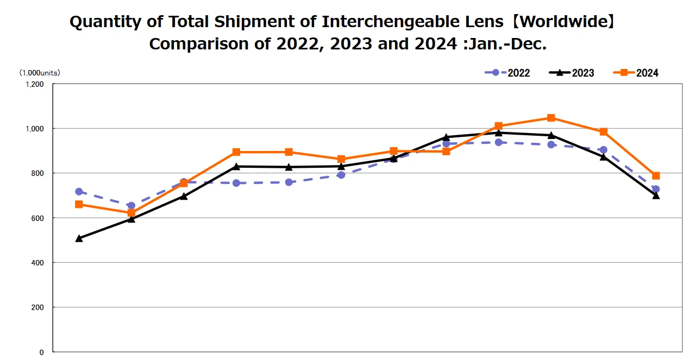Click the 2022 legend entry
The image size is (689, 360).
coord(508,73)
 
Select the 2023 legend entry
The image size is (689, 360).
coord(572,73)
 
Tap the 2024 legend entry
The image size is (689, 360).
coord(636,73)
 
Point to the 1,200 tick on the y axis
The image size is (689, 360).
coord(34,84)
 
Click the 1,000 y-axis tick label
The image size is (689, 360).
coord(34,129)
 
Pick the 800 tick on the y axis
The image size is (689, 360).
coord(37,173)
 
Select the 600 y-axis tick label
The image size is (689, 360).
coord(37,218)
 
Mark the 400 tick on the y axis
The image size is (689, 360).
coord(37,263)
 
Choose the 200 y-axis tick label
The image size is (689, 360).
coord(37,307)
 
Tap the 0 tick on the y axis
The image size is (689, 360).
coord(41,352)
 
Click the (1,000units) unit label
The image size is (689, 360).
coord(40,72)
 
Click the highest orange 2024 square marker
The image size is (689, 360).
coord(551,118)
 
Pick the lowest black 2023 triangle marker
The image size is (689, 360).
coord(79,238)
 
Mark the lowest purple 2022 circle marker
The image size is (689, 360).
coord(131,206)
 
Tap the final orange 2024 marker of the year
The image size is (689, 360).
coord(656,176)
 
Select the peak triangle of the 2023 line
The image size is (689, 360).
coord(498,132)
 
